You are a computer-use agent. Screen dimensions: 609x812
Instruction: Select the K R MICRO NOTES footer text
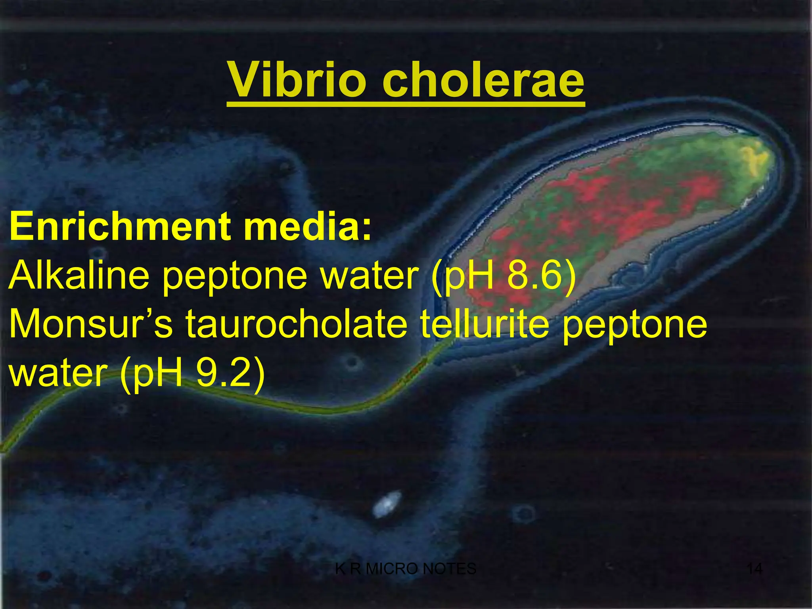[406, 569]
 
